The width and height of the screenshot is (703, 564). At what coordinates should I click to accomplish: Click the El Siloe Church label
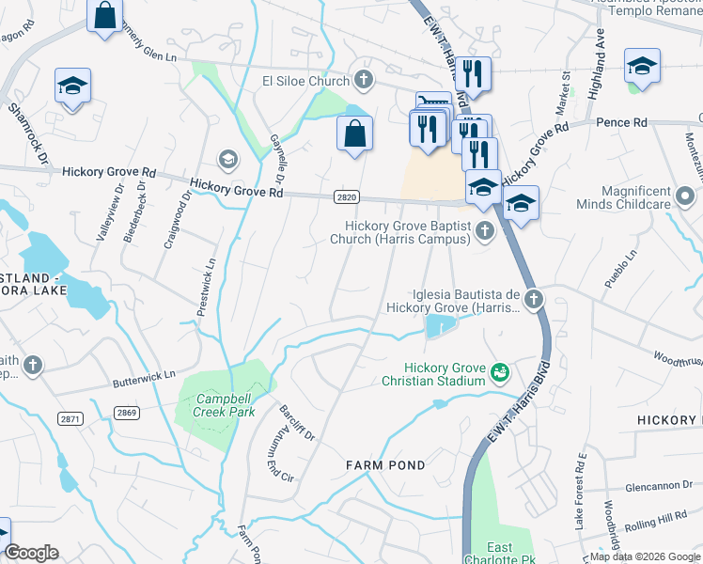tap(305, 82)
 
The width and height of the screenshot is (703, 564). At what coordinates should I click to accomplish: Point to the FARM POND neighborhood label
tap(385, 465)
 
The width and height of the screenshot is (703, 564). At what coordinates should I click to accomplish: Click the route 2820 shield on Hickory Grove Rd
tap(346, 196)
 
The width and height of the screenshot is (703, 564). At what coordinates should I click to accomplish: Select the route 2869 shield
tap(128, 413)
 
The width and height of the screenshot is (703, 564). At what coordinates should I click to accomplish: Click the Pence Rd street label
tap(621, 122)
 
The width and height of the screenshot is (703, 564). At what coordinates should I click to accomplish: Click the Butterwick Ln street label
tap(144, 374)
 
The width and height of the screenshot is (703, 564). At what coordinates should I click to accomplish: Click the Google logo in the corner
tap(31, 553)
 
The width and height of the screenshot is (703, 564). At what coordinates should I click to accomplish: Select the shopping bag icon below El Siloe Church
tap(354, 133)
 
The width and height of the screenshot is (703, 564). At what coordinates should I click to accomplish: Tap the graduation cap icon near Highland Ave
tap(642, 66)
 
